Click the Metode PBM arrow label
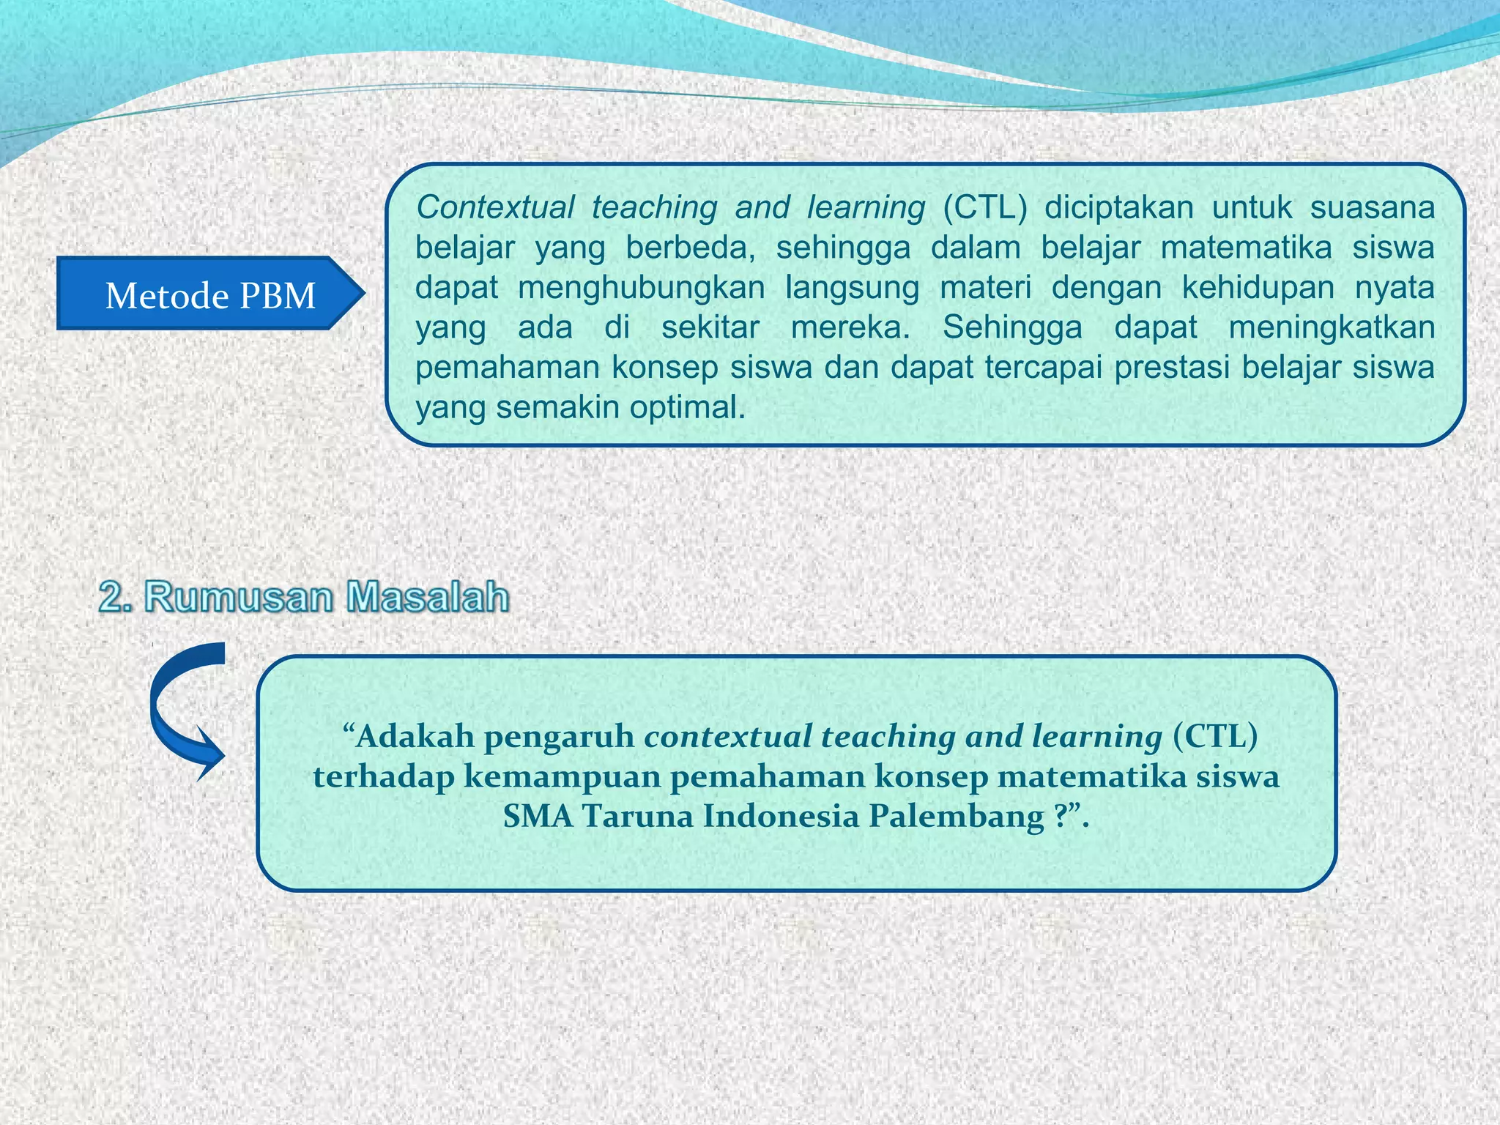coord(209,295)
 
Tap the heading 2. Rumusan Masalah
coord(304,597)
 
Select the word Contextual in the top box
coord(495,208)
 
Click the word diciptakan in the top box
coord(1118,208)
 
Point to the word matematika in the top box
coord(1246,248)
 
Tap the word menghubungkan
coord(641,288)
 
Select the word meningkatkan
coord(1332,327)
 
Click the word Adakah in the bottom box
coord(415,736)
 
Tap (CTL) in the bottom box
coord(1215,736)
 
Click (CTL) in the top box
coord(984,208)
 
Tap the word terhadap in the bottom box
coord(383,776)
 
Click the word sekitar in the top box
coord(710,327)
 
